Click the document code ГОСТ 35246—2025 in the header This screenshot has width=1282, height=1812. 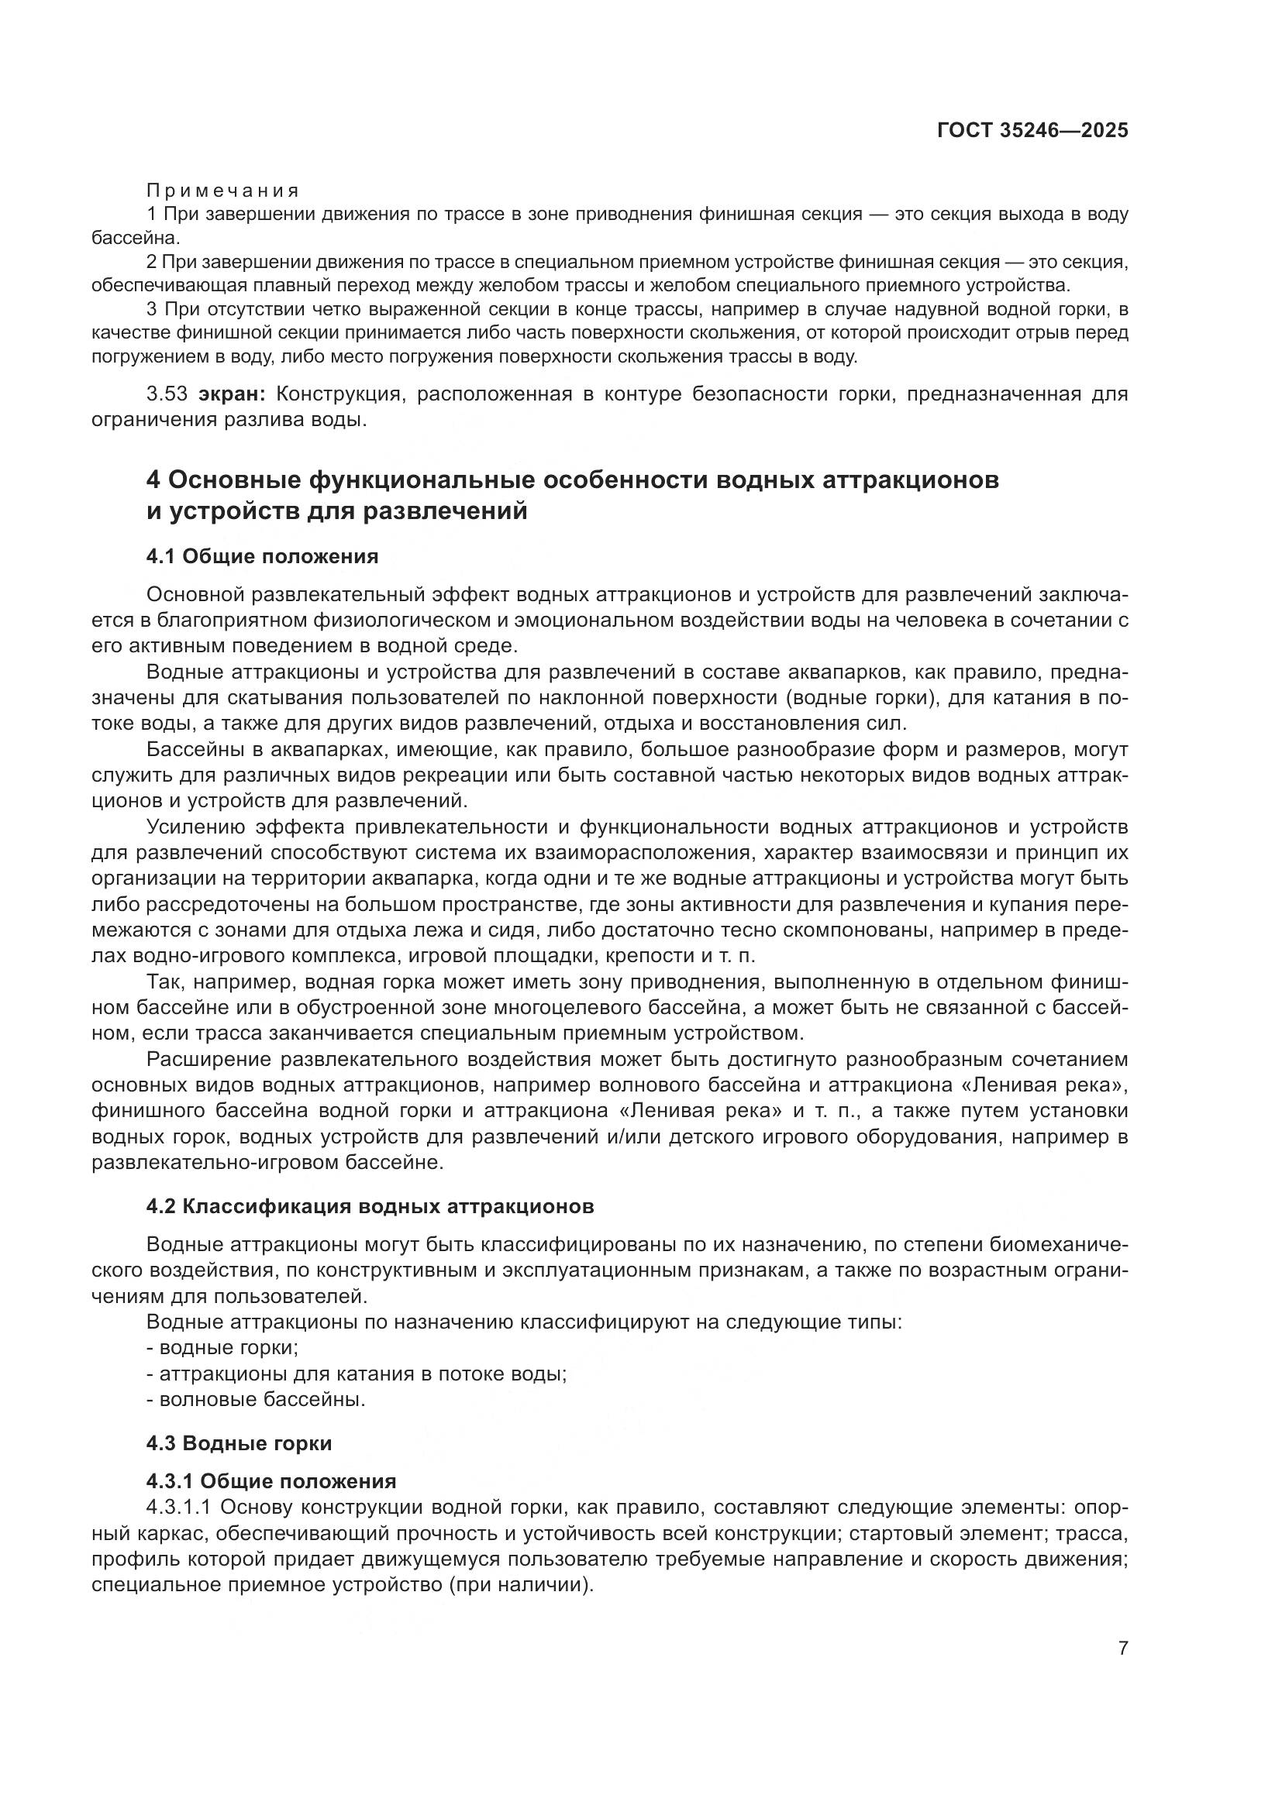[1032, 130]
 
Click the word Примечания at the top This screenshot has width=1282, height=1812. [222, 191]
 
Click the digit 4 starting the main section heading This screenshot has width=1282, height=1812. [154, 480]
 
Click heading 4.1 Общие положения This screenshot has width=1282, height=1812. [262, 556]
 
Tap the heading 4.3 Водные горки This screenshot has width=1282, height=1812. [239, 1443]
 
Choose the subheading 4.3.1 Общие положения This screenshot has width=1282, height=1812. [271, 1481]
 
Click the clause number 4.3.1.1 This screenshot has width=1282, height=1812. [178, 1508]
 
